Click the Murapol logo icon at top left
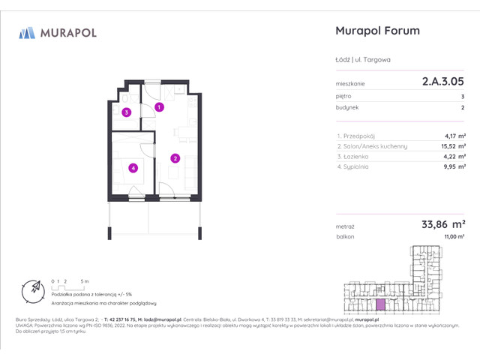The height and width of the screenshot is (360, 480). pyautogui.click(x=28, y=32)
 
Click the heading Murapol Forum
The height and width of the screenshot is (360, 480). pyautogui.click(x=375, y=31)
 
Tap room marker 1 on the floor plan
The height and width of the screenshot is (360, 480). pyautogui.click(x=160, y=107)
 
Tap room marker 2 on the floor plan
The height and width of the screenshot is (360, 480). pyautogui.click(x=175, y=158)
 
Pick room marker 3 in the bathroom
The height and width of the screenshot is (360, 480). pyautogui.click(x=127, y=112)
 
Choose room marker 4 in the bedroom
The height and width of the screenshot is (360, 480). pyautogui.click(x=132, y=168)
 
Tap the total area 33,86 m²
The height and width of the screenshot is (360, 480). pyautogui.click(x=444, y=223)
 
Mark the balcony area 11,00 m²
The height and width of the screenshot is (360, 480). pyautogui.click(x=454, y=236)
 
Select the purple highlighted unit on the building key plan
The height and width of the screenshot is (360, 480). pyautogui.click(x=382, y=304)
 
